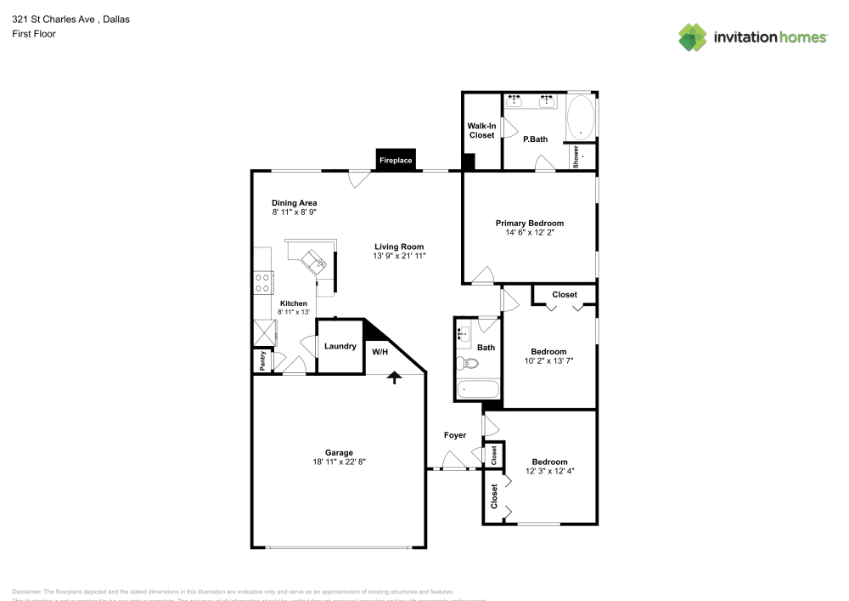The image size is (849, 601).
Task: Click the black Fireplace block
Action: click(x=396, y=160)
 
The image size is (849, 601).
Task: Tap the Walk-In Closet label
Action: click(x=481, y=130)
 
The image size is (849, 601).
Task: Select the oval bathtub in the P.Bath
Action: click(x=581, y=118)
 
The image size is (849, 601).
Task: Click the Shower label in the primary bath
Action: click(x=576, y=156)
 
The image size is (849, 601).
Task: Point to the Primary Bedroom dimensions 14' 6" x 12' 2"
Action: click(x=530, y=232)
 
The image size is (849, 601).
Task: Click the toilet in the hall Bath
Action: click(x=466, y=364)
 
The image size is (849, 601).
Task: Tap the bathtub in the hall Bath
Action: click(x=476, y=389)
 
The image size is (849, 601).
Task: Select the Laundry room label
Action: click(x=340, y=346)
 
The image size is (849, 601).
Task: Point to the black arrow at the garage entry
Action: click(x=395, y=377)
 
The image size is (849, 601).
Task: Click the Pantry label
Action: click(x=263, y=361)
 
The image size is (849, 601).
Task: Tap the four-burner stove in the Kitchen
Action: click(x=263, y=282)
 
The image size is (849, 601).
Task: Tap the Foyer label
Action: click(x=455, y=435)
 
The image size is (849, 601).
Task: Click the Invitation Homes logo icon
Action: click(x=693, y=37)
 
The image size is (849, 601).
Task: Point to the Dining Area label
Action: click(x=295, y=203)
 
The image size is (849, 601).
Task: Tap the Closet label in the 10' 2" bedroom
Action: click(x=565, y=295)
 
